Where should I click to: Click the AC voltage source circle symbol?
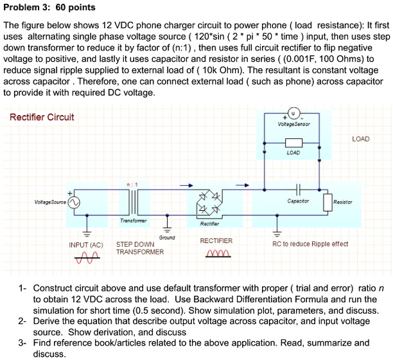74,203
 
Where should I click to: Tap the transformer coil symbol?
134,202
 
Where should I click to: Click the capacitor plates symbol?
298,190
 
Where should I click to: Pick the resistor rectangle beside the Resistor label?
328,203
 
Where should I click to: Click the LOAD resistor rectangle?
293,143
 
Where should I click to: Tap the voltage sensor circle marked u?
293,113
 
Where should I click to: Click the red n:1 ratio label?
132,184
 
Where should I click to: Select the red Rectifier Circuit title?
42,117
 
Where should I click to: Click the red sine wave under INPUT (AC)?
87,258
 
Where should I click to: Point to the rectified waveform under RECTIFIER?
218,253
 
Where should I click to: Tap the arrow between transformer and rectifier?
186,185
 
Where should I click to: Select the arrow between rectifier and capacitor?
243,185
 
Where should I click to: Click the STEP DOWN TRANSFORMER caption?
140,248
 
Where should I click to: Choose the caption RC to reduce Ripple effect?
310,244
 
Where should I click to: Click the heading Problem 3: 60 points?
49,7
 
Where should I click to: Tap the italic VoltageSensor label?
293,124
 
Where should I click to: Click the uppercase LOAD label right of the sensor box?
361,139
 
